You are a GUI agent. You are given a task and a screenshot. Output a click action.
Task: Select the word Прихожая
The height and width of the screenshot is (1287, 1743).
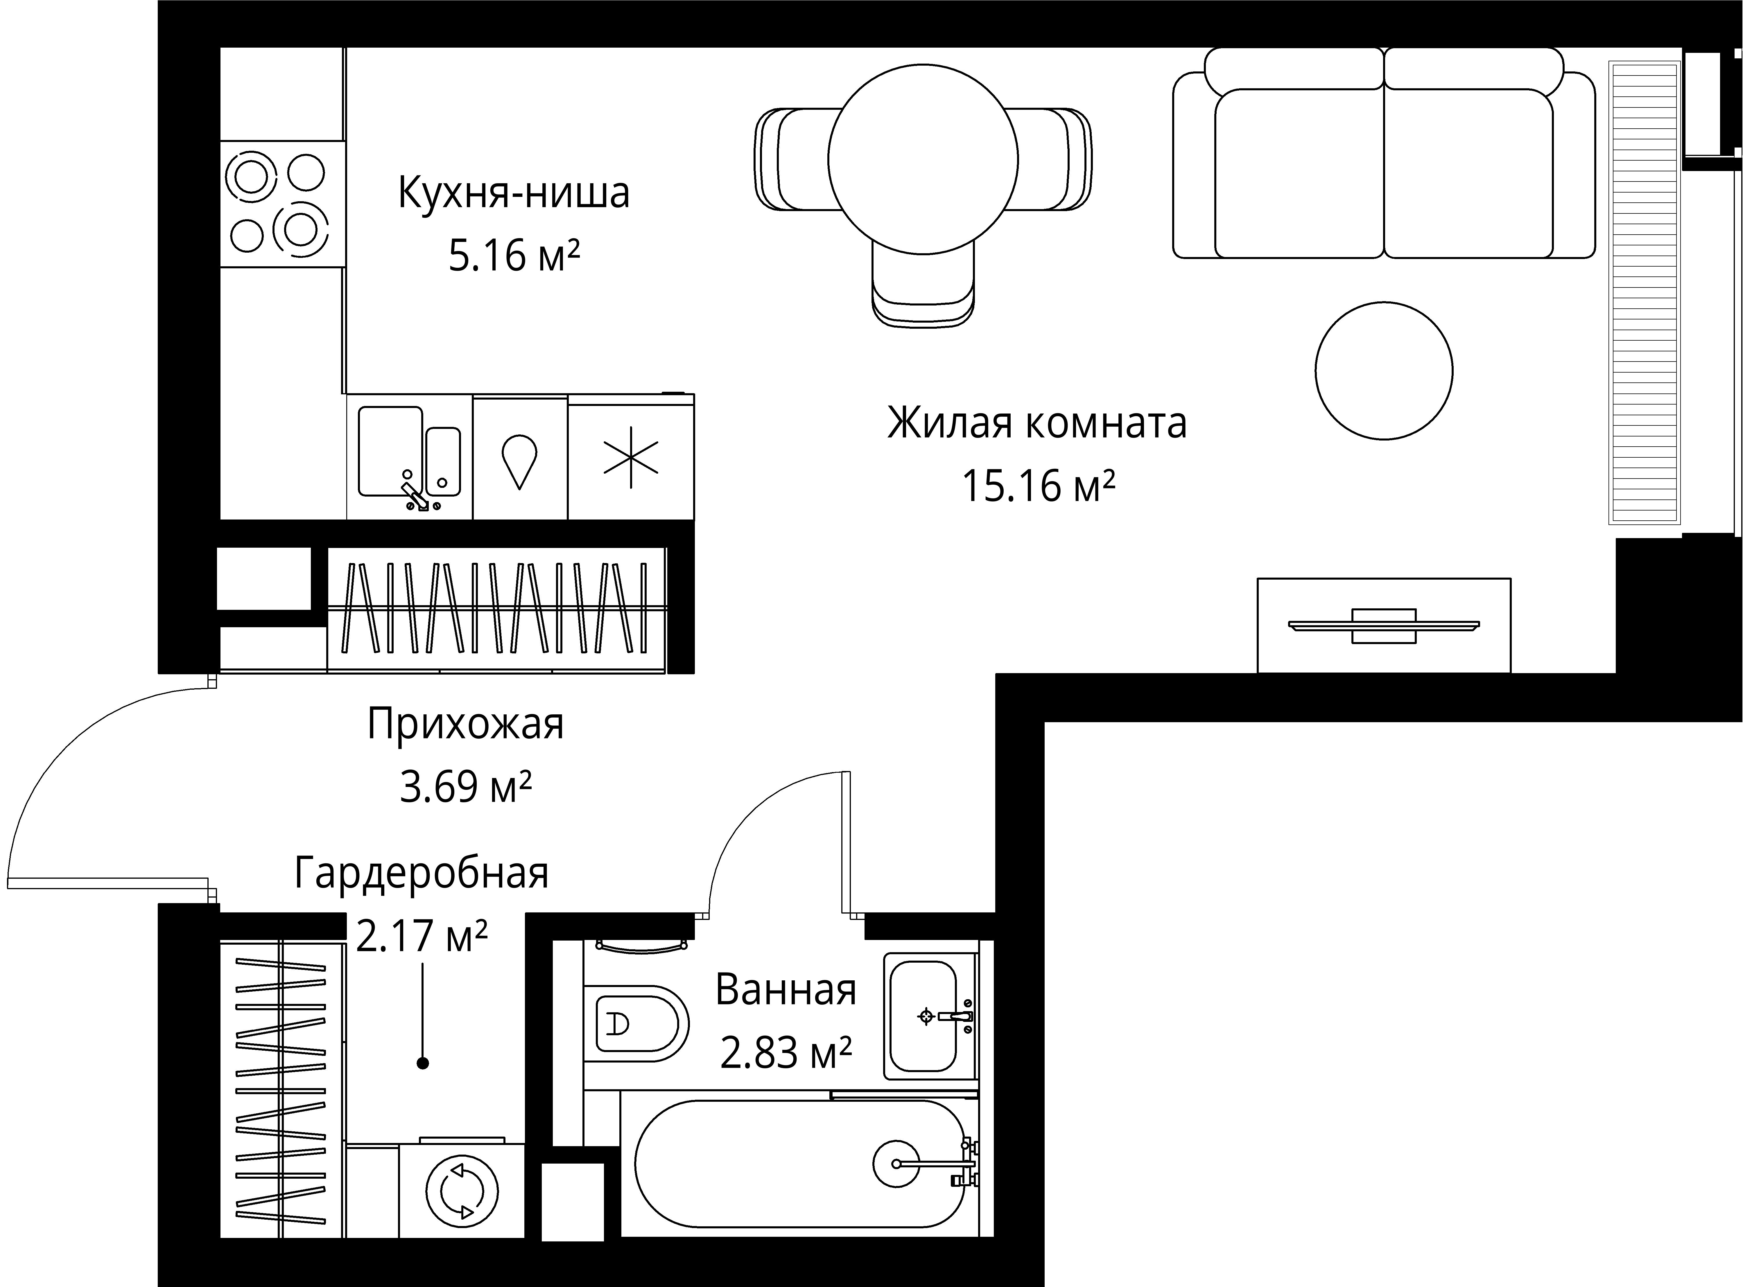tap(465, 724)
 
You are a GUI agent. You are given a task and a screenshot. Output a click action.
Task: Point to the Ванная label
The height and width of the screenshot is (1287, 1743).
tap(786, 990)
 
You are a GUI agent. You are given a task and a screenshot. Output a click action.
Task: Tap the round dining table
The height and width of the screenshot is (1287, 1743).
tap(923, 160)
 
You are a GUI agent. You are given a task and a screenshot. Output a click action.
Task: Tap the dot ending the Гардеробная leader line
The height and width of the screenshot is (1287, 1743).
tap(422, 1063)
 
